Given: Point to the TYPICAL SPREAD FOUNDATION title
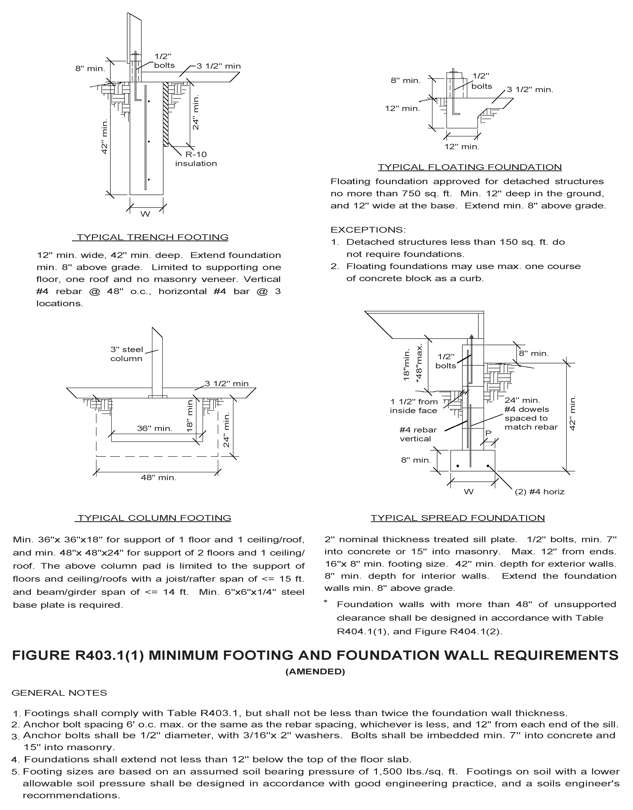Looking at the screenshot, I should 458,518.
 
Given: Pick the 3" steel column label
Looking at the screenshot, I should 126,354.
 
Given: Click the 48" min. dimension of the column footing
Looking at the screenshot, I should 158,478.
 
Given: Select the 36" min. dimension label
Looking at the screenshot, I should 154,429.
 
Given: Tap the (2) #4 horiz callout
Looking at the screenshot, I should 539,492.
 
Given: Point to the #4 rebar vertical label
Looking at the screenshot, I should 418,434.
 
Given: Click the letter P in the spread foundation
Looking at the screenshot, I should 488,433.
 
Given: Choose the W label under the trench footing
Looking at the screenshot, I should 145,214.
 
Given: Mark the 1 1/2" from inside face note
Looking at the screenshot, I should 414,406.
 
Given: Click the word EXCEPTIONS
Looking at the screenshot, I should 368,230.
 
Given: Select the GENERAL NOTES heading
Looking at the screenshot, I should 59,693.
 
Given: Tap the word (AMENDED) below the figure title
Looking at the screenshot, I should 315,672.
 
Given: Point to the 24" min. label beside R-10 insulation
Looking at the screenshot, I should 196,113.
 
